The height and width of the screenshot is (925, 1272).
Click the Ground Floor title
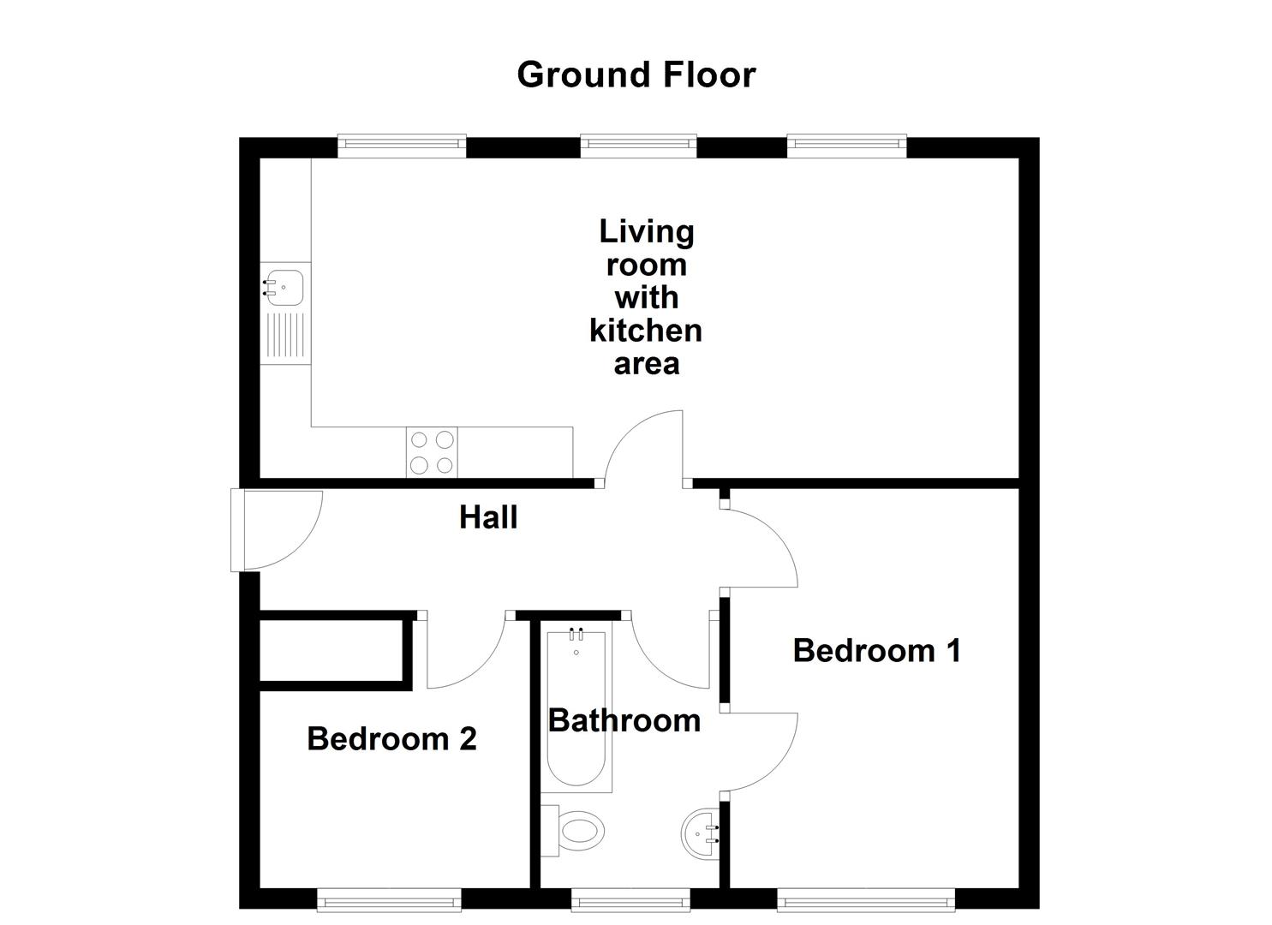click(636, 75)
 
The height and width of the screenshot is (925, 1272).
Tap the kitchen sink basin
click(284, 288)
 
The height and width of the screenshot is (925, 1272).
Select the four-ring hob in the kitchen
click(432, 452)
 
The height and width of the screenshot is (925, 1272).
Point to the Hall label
click(488, 517)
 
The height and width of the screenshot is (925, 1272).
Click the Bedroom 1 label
click(876, 650)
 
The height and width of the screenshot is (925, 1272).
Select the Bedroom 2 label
click(391, 738)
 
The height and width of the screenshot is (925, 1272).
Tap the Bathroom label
click(624, 720)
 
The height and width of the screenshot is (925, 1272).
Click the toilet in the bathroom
click(575, 830)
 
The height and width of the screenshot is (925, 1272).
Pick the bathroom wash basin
click(702, 832)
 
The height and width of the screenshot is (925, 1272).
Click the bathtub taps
click(576, 635)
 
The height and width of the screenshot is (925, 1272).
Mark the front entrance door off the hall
click(276, 530)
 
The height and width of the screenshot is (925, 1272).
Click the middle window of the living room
click(638, 146)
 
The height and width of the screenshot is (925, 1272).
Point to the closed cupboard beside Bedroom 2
click(331, 650)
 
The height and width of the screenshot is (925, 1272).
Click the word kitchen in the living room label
click(646, 330)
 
